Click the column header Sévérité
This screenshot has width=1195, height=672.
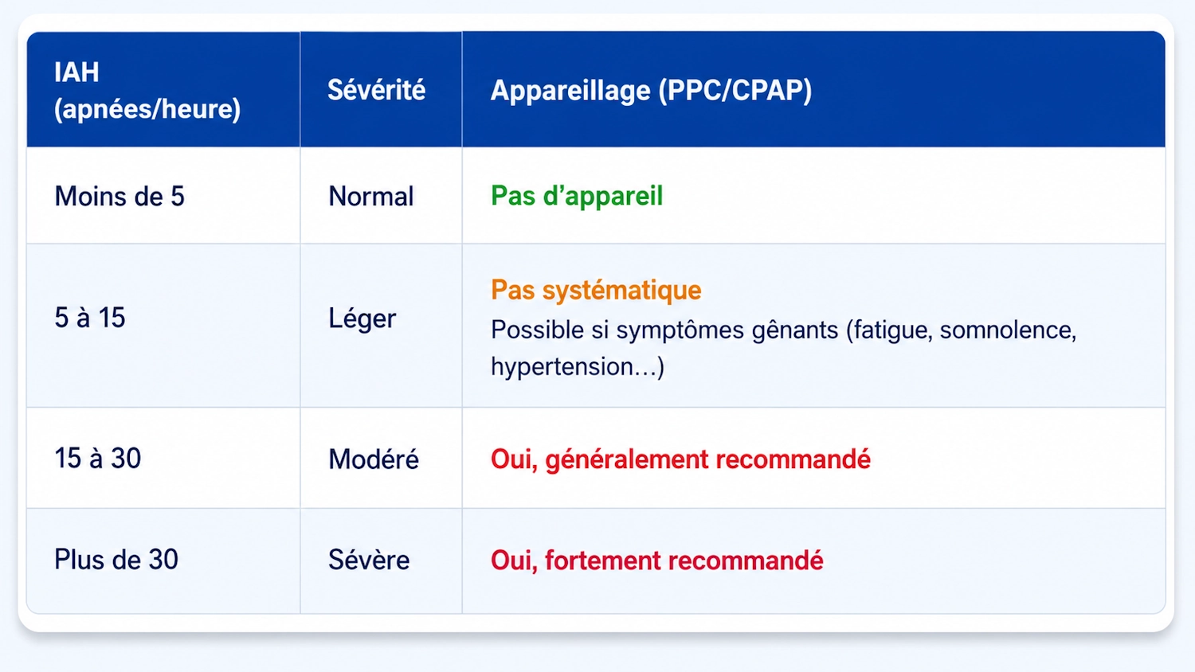pyautogui.click(x=376, y=90)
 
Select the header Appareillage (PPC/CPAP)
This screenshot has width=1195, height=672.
pyautogui.click(x=651, y=90)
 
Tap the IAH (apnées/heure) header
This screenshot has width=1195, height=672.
pyautogui.click(x=147, y=90)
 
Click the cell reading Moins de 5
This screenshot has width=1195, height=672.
pyautogui.click(x=119, y=196)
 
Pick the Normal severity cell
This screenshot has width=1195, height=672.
pyautogui.click(x=370, y=197)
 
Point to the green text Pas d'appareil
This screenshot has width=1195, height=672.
pyautogui.click(x=577, y=196)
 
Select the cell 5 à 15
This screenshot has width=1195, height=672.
pyautogui.click(x=89, y=318)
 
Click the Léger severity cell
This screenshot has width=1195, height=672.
pyautogui.click(x=362, y=318)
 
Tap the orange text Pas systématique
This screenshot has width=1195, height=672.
pyautogui.click(x=596, y=291)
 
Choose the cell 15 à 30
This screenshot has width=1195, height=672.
pyautogui.click(x=98, y=458)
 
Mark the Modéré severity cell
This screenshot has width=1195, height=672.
pyautogui.click(x=374, y=459)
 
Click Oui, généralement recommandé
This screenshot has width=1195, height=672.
pyautogui.click(x=680, y=459)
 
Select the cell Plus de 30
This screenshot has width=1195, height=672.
pyautogui.click(x=116, y=560)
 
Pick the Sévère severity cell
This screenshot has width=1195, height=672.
pyautogui.click(x=369, y=560)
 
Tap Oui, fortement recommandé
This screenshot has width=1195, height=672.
pyautogui.click(x=656, y=561)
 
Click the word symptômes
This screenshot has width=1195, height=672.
pyautogui.click(x=680, y=330)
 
